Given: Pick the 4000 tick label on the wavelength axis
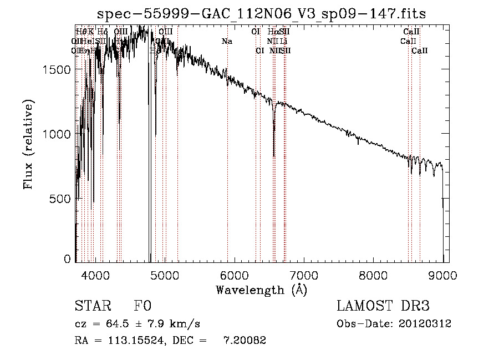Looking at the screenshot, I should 96,273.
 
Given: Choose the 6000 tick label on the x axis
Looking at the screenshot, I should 235,273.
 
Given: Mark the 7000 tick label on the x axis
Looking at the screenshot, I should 304,273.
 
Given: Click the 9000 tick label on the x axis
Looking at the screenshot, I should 443,273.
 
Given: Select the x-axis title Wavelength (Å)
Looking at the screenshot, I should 261,290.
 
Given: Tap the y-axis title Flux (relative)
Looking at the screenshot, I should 28,145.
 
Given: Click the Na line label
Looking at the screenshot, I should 227,42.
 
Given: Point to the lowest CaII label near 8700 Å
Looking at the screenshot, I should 420,51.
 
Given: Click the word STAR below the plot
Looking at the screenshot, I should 92,307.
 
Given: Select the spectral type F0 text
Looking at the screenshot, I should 143,307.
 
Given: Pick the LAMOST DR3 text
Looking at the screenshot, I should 383,307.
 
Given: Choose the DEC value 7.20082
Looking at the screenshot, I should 245,341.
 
